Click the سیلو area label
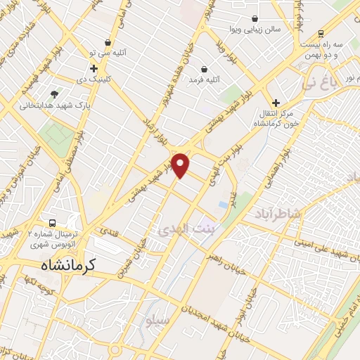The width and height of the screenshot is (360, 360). coord(159,320)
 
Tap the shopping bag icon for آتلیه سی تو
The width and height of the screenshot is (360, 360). coord(107,42)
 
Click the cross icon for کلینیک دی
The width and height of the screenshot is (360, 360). coord(94,68)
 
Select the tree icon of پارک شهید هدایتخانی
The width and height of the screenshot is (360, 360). coord(55,94)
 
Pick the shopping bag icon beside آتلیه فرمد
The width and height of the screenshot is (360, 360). coord(204,69)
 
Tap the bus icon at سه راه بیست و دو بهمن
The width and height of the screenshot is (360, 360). coord(321,33)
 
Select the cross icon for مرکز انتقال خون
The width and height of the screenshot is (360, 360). coord(276,103)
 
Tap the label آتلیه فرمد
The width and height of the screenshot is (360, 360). coord(204,80)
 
